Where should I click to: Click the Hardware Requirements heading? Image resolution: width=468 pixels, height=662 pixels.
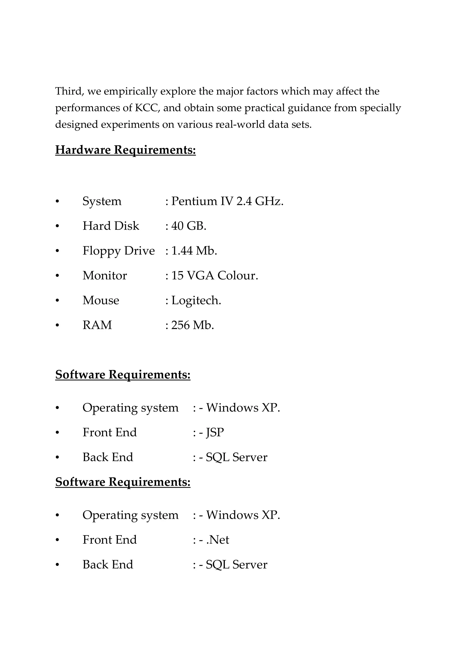(x=125, y=150)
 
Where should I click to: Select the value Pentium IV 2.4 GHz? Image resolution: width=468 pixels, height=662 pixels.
(x=227, y=201)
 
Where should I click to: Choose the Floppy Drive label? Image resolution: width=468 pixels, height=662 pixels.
(x=119, y=251)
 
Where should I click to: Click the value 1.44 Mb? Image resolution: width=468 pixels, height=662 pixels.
(x=194, y=251)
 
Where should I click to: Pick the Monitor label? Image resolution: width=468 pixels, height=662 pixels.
(x=105, y=276)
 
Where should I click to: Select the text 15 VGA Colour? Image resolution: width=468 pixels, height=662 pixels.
(x=215, y=276)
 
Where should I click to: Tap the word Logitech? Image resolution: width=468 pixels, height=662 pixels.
(x=196, y=300)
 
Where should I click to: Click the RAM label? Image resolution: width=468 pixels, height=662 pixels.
(x=97, y=325)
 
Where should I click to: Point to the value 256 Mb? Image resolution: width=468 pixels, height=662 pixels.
(x=192, y=325)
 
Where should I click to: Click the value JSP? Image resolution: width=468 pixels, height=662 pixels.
(x=215, y=432)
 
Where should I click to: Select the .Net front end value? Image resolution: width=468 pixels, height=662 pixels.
(x=218, y=540)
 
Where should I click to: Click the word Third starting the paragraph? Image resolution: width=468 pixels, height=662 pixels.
(x=69, y=91)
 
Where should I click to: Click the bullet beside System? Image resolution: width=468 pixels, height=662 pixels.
(x=57, y=201)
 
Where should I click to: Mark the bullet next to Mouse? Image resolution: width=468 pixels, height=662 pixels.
(x=57, y=301)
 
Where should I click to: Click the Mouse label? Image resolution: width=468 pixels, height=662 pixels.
(x=101, y=300)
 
